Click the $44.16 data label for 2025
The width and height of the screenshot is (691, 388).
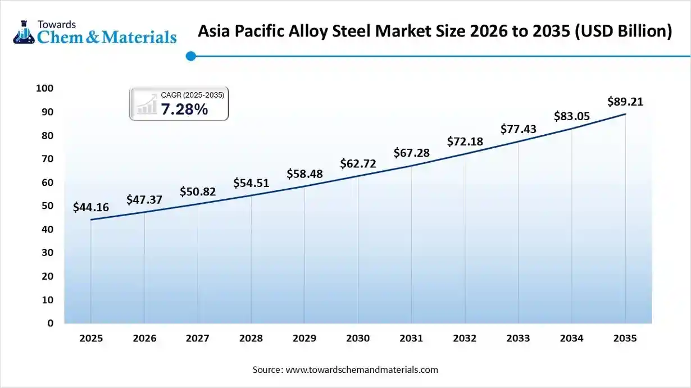coord(91,207)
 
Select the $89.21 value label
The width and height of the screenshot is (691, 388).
coord(625,102)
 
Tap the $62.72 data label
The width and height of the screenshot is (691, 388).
coord(358,163)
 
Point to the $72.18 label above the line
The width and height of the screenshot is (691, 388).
coord(465,141)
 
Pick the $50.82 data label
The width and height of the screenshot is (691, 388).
coord(198,191)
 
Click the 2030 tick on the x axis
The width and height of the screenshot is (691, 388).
coord(358,338)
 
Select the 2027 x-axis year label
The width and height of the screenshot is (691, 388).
coord(198,338)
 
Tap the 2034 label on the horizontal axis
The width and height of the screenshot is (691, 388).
coord(572,338)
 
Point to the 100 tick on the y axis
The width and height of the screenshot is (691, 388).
coord(44,88)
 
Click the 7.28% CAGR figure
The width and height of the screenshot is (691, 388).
coord(184,109)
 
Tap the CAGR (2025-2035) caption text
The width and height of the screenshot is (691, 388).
coord(192,95)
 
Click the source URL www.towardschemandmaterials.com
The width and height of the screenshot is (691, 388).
coord(361,369)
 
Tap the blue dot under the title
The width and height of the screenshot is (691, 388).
coord(190,56)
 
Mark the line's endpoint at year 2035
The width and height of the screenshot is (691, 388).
coord(625,114)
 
